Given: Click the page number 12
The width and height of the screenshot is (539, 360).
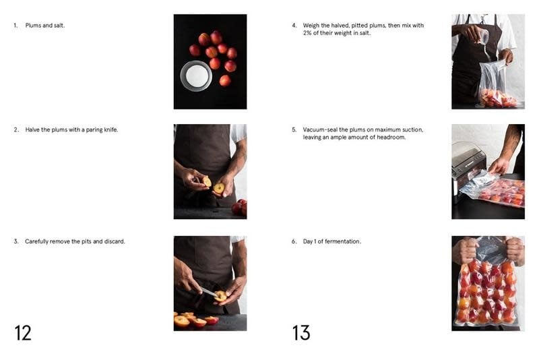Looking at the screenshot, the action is click(x=23, y=333).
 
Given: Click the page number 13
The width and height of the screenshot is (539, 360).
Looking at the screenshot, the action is click(x=301, y=333).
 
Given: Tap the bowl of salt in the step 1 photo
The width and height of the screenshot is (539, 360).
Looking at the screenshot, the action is click(x=196, y=76).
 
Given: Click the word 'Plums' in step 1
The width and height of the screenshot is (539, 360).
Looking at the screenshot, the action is click(x=33, y=26).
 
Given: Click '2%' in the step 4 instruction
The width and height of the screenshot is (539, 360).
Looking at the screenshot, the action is click(x=307, y=33).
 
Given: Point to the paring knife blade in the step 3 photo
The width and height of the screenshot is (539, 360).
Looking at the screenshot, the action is click(x=209, y=293).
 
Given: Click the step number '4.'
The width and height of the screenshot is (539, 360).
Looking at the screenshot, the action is click(x=294, y=26).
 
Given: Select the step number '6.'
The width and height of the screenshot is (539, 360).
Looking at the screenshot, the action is click(x=294, y=241).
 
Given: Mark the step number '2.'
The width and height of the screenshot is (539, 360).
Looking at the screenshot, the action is click(x=16, y=129).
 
